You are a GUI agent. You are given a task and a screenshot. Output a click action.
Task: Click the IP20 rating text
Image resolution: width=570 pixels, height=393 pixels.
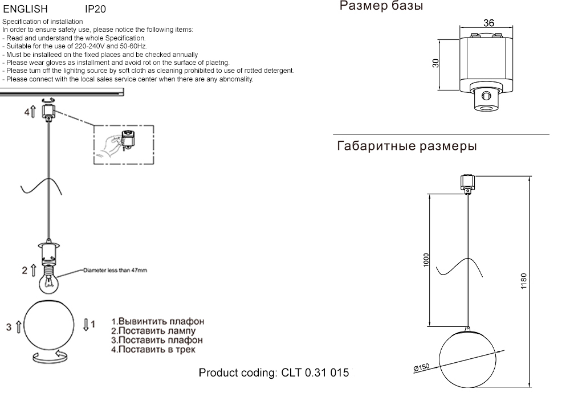95,10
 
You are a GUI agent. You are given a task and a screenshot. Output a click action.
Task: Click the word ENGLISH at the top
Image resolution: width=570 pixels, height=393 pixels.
25,10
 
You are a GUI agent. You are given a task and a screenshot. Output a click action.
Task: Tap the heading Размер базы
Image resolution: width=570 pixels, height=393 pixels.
381,7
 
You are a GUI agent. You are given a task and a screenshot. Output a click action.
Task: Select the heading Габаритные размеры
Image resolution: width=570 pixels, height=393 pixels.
407,146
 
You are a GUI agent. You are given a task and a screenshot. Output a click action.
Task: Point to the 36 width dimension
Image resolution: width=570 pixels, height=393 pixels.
488,23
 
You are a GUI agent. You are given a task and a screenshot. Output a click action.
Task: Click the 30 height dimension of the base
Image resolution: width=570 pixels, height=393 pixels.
435,63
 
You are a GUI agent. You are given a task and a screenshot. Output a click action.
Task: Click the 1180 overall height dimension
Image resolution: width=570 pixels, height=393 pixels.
524,281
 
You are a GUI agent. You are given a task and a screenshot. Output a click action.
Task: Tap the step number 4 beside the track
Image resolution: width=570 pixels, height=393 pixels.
26,112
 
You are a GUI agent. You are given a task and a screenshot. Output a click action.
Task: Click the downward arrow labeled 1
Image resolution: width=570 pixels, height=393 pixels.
86,325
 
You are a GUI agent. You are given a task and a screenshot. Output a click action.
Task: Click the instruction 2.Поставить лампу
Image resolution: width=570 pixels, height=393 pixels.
153,331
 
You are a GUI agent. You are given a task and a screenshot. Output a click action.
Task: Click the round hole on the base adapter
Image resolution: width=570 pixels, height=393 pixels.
486,95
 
